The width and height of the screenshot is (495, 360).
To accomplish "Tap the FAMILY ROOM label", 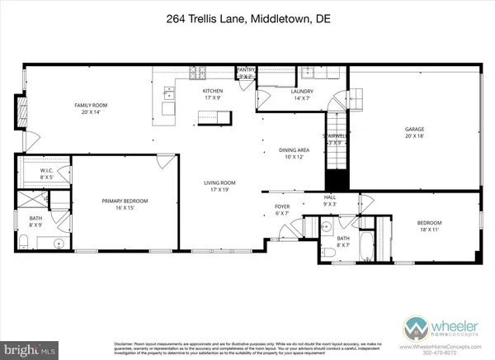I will [91, 105].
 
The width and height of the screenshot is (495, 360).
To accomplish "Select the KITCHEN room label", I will [214, 92].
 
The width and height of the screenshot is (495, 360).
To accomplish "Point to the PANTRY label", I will [246, 70].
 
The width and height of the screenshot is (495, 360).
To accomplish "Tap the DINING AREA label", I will [293, 150].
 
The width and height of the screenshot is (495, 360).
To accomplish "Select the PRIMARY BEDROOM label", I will [123, 200].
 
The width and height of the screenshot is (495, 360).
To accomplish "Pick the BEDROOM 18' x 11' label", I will [429, 223].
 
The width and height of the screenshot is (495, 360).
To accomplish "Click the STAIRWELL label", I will [333, 137].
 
